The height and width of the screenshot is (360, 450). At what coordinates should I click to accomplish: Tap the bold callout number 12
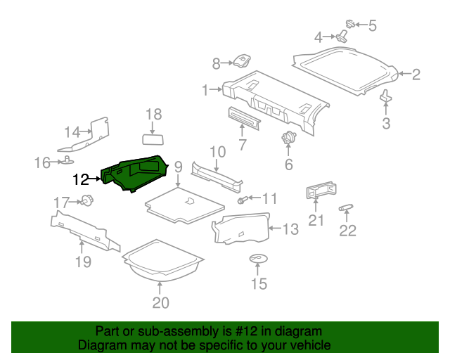[x=81, y=180]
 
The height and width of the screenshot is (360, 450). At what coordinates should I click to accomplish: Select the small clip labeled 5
[x=350, y=24]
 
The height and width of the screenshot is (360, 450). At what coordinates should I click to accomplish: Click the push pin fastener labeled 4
[x=341, y=37]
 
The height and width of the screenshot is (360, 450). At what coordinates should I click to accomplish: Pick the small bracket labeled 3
[x=386, y=96]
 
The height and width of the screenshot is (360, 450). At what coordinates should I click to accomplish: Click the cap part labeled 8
[x=242, y=61]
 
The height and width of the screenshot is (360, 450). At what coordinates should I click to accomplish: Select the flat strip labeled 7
[x=245, y=117]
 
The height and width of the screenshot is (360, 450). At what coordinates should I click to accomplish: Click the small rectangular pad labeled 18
[x=153, y=139]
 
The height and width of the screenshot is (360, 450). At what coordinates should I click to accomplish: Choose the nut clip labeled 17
[x=87, y=200]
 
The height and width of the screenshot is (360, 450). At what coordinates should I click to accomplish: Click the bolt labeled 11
[x=241, y=200]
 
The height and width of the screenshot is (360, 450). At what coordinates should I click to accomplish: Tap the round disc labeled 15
[x=258, y=259]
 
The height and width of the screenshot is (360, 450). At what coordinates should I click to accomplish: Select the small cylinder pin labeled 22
[x=346, y=207]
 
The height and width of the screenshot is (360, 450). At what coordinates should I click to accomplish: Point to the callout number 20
[x=161, y=303]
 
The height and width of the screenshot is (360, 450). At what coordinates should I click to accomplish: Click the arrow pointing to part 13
[x=275, y=229]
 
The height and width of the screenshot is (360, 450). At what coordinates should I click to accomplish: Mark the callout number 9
[x=178, y=167]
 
